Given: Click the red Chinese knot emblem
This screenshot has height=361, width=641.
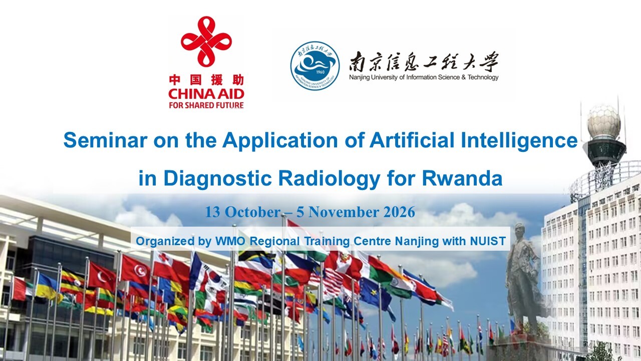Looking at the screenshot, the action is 206,42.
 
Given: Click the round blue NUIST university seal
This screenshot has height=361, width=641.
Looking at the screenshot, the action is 315,66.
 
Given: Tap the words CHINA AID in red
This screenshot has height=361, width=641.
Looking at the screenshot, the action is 206,94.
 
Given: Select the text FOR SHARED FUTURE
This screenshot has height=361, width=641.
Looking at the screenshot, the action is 206,105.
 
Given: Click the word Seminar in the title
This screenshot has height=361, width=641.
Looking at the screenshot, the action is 105,140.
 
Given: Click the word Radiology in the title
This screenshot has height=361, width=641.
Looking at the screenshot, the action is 330,178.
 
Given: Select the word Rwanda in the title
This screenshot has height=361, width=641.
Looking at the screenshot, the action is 462,178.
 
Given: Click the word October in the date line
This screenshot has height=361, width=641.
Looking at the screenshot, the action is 252,212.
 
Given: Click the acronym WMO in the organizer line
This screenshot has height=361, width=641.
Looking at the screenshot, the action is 230,241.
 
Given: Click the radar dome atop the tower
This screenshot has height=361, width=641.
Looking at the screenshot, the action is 603,120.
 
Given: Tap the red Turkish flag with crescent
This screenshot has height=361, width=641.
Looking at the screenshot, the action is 102,276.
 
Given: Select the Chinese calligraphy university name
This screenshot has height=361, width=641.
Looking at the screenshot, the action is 424,62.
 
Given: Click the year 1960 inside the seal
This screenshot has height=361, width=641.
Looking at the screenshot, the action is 320,72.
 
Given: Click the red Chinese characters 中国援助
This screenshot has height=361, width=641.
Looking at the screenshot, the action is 206,80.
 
